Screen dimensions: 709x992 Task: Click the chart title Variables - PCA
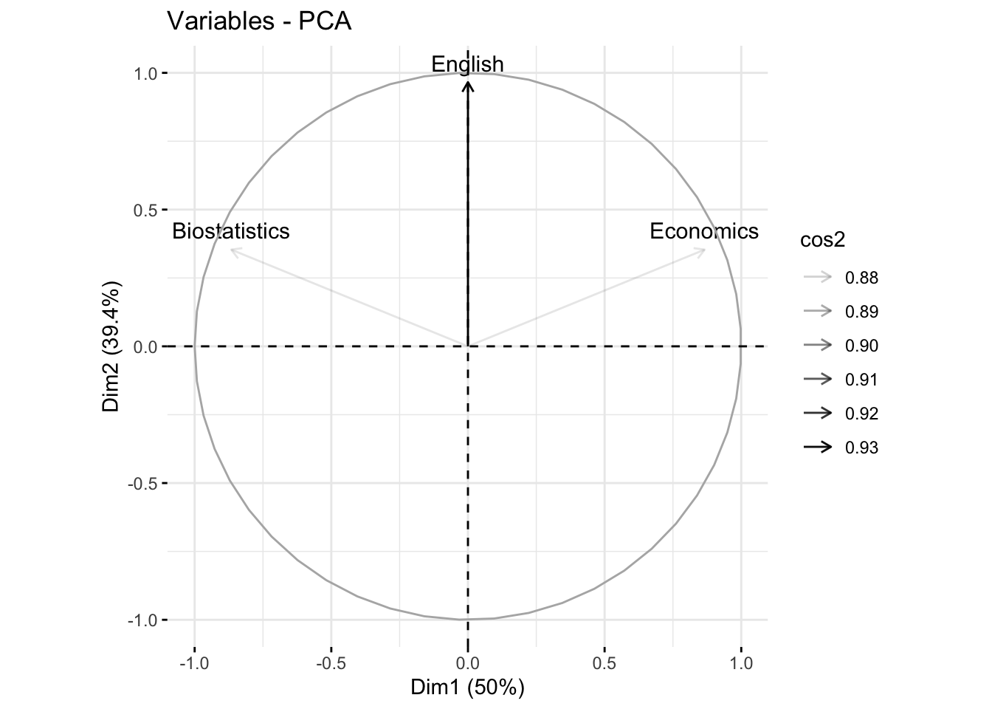[x=259, y=21]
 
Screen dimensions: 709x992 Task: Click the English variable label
[x=467, y=64]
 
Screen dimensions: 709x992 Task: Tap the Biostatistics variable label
[x=230, y=231]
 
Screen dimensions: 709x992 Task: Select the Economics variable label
[x=703, y=231]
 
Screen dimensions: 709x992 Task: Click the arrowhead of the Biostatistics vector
[x=233, y=251]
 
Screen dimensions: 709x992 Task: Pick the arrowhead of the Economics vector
[x=703, y=251]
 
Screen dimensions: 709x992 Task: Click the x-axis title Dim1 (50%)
[x=467, y=688]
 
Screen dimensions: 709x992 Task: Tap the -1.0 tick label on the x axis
[x=194, y=662]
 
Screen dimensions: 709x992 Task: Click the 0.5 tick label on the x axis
[x=604, y=662]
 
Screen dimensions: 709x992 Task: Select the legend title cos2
[x=822, y=240]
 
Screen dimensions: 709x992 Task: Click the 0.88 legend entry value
[x=861, y=278]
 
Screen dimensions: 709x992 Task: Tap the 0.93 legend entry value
[x=861, y=448]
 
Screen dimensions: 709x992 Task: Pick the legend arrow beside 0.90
[x=818, y=346]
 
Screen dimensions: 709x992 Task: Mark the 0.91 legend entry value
[x=861, y=380]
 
